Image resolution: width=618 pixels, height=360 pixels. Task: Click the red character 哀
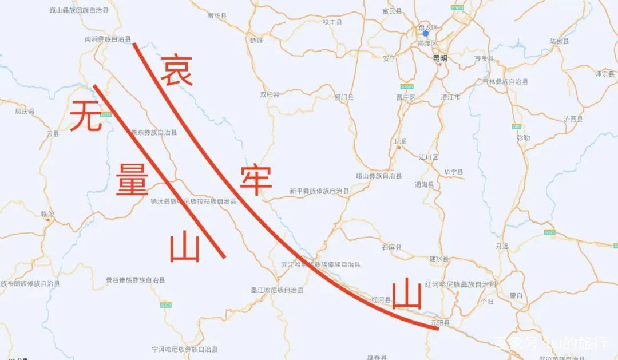point(176,70)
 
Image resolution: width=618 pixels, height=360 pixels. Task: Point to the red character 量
point(133,179)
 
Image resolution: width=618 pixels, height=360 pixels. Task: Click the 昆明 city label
point(439,58)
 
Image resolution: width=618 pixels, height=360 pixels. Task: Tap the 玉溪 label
point(399,140)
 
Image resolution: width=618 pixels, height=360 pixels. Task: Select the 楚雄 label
point(256,41)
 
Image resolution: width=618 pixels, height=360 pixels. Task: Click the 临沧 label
point(48,214)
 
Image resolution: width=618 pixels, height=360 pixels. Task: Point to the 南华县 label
point(217,16)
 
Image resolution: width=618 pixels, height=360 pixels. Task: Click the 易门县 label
point(344,98)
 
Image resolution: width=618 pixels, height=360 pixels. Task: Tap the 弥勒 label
point(523,138)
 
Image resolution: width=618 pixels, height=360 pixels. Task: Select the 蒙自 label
point(516,295)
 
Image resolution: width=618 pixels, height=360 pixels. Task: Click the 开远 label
point(502,246)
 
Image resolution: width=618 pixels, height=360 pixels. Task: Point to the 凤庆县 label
point(25,112)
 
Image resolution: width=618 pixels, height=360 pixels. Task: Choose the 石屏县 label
point(391,247)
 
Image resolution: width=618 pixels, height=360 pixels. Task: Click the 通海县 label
point(424,185)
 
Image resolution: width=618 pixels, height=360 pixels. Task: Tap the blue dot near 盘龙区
point(425,33)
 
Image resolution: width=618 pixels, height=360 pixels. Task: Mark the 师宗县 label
point(604,74)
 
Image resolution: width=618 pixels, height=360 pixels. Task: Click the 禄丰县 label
point(332,22)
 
